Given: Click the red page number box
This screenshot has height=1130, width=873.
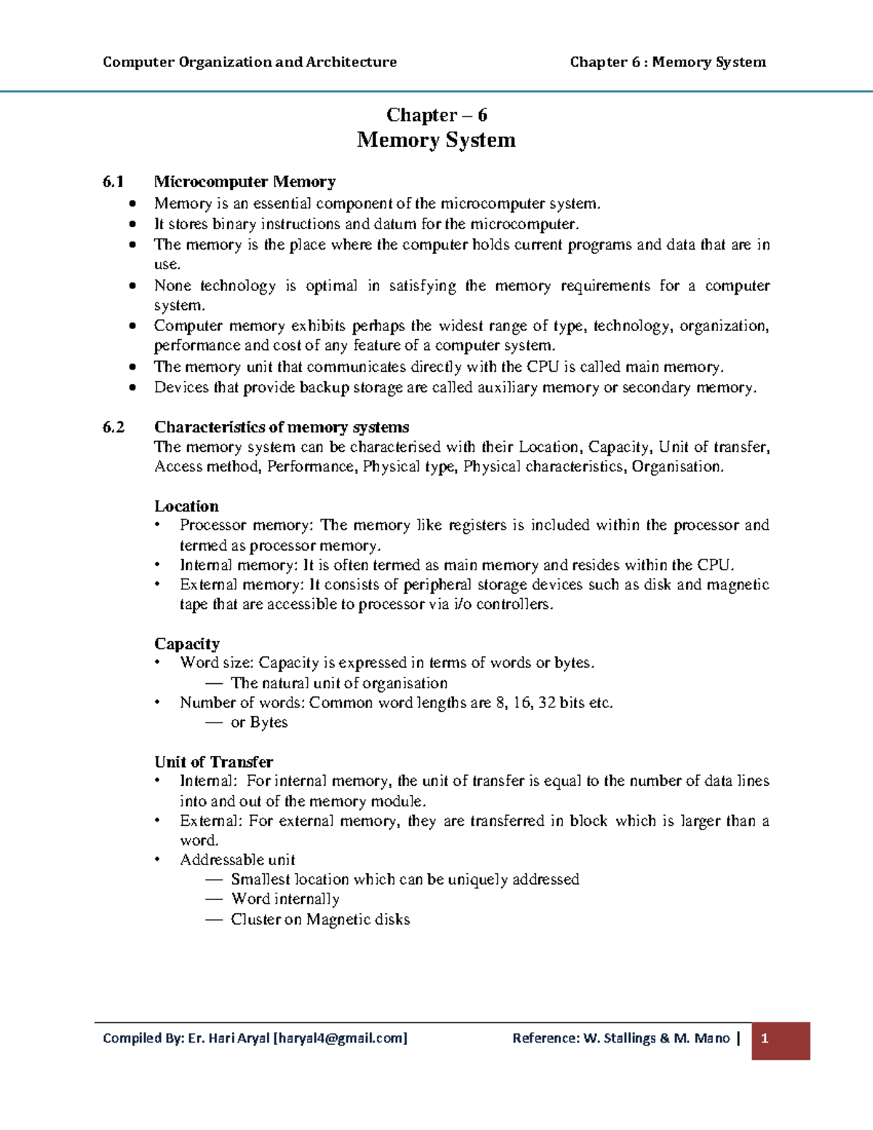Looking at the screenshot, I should pos(781,1041).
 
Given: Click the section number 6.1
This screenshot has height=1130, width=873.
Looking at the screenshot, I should pos(113,182).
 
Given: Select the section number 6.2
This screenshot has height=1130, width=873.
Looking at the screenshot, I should pos(113,427).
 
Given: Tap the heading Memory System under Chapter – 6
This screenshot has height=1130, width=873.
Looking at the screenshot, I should pos(436,140).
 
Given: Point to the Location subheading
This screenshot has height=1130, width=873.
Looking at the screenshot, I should pos(186,506).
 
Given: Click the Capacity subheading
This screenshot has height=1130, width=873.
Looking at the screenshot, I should pos(186,644).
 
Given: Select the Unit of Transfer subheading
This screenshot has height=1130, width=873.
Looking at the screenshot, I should pos(213,762).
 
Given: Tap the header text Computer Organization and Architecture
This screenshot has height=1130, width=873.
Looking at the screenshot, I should pos(250,63).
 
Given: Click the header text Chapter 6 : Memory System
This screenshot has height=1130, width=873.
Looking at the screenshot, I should pos(667,63).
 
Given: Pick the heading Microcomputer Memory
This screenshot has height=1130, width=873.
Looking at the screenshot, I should pos(244,182).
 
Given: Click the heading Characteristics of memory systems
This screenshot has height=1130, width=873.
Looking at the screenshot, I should pos(282,427).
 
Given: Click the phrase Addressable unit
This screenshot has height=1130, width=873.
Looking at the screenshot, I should pos(237,860).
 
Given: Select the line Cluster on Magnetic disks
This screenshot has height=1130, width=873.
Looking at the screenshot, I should pos(320,920).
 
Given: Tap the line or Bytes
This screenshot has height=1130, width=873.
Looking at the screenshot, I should pos(259,723).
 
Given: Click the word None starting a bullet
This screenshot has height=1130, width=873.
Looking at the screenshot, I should pos(172,286).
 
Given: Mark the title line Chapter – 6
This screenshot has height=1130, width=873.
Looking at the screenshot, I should pos(436,115).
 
